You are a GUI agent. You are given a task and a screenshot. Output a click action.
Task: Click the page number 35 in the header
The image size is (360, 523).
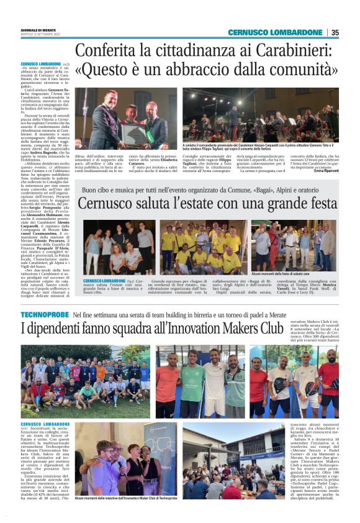click(x=335, y=32)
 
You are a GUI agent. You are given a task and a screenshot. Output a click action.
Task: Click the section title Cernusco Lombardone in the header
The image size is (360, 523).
click(x=275, y=32)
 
